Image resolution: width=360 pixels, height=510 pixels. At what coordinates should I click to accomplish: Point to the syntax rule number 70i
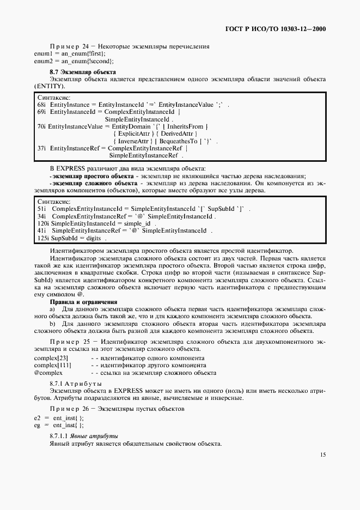coord(41,126)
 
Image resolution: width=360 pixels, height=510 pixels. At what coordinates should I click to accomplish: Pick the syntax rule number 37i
coord(41,148)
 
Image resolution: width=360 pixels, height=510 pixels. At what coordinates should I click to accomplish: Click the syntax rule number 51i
coord(42,209)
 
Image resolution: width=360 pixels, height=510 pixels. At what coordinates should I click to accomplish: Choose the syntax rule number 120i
coord(43,223)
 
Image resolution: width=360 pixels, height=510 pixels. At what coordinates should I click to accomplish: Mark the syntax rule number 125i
coord(43,238)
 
